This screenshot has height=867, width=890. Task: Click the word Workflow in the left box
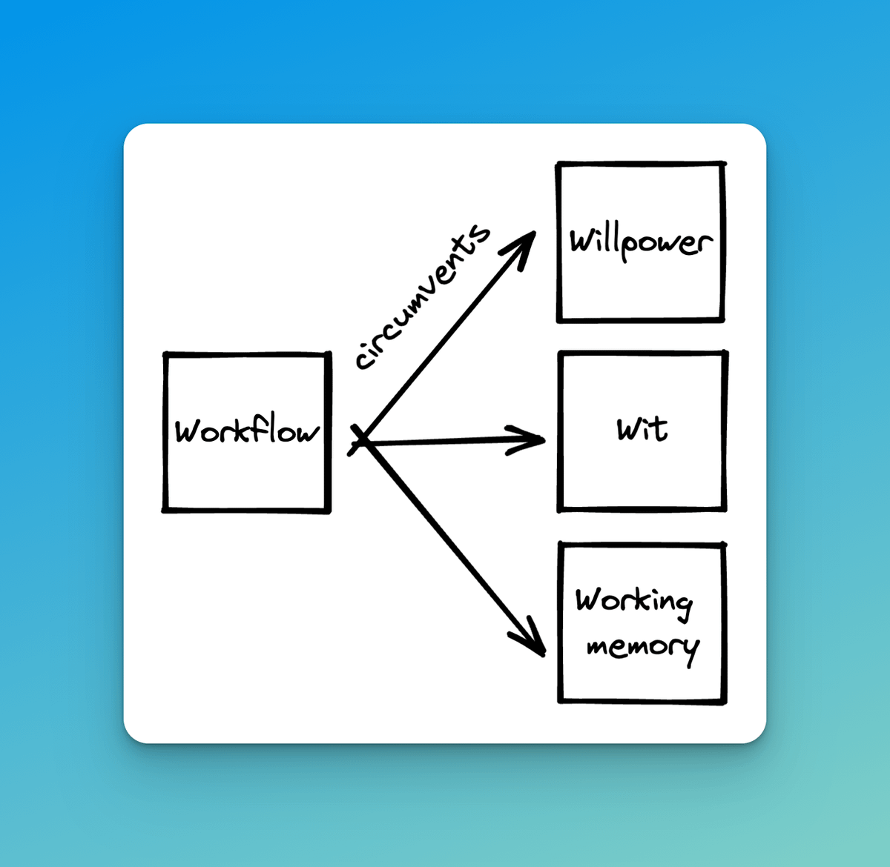(x=247, y=431)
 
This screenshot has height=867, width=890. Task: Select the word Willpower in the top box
(x=641, y=242)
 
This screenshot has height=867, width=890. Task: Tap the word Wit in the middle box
(x=642, y=428)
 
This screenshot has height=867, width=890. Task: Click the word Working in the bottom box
(x=634, y=601)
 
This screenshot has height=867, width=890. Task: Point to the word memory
(x=642, y=647)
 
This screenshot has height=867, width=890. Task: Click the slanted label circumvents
(x=422, y=297)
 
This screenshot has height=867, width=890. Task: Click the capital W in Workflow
(x=187, y=431)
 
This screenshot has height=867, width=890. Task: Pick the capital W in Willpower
(x=581, y=240)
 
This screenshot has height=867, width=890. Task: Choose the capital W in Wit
(x=629, y=429)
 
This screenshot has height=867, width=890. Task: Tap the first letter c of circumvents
(x=364, y=359)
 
